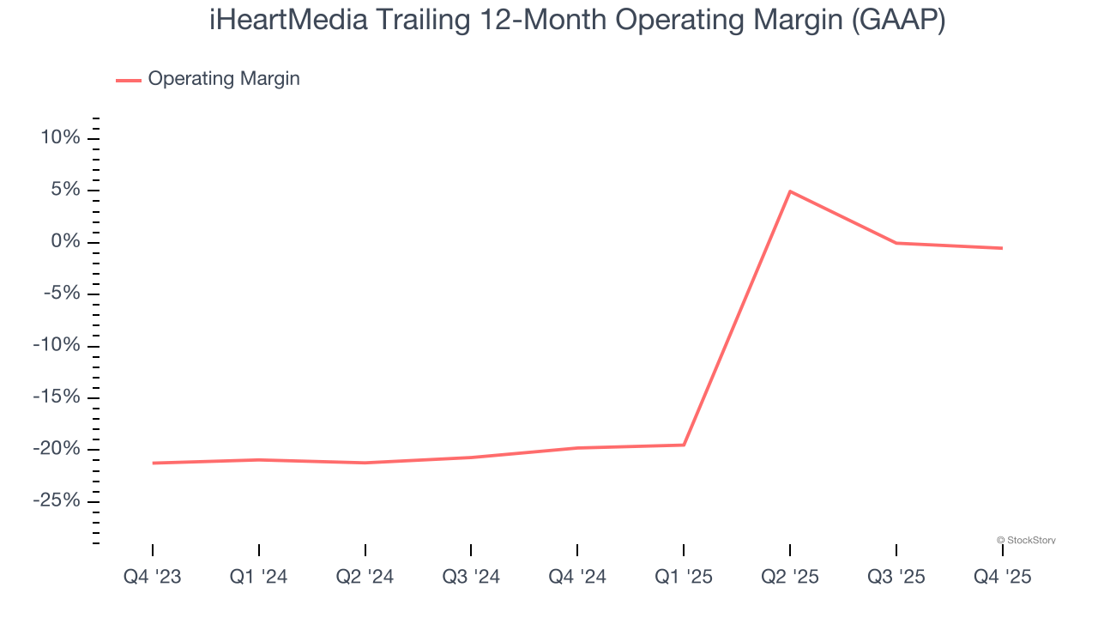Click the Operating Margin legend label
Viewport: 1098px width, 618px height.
[x=224, y=79]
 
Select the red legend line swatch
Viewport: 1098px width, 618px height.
[x=129, y=80]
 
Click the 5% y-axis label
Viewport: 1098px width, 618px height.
[x=65, y=191]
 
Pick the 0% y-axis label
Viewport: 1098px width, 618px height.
[x=65, y=242]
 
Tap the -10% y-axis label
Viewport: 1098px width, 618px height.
[x=57, y=346]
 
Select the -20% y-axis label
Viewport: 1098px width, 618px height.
[x=57, y=450]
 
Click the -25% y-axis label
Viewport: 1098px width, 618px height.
[x=57, y=501]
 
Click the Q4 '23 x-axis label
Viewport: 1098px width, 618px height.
[x=153, y=577]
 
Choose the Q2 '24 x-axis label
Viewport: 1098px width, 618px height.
[x=365, y=577]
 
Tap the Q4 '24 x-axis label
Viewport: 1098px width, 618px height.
[x=577, y=577]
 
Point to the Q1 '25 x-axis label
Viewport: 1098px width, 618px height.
[x=684, y=577]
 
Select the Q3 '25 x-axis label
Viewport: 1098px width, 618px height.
[x=896, y=577]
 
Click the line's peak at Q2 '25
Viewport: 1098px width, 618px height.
[x=790, y=191]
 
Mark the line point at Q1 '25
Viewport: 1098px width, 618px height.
[x=684, y=445]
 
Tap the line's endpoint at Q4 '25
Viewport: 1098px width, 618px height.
[x=1002, y=248]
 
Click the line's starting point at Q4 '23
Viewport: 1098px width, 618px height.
[x=153, y=463]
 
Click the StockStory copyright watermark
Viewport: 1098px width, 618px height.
[x=1026, y=540]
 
